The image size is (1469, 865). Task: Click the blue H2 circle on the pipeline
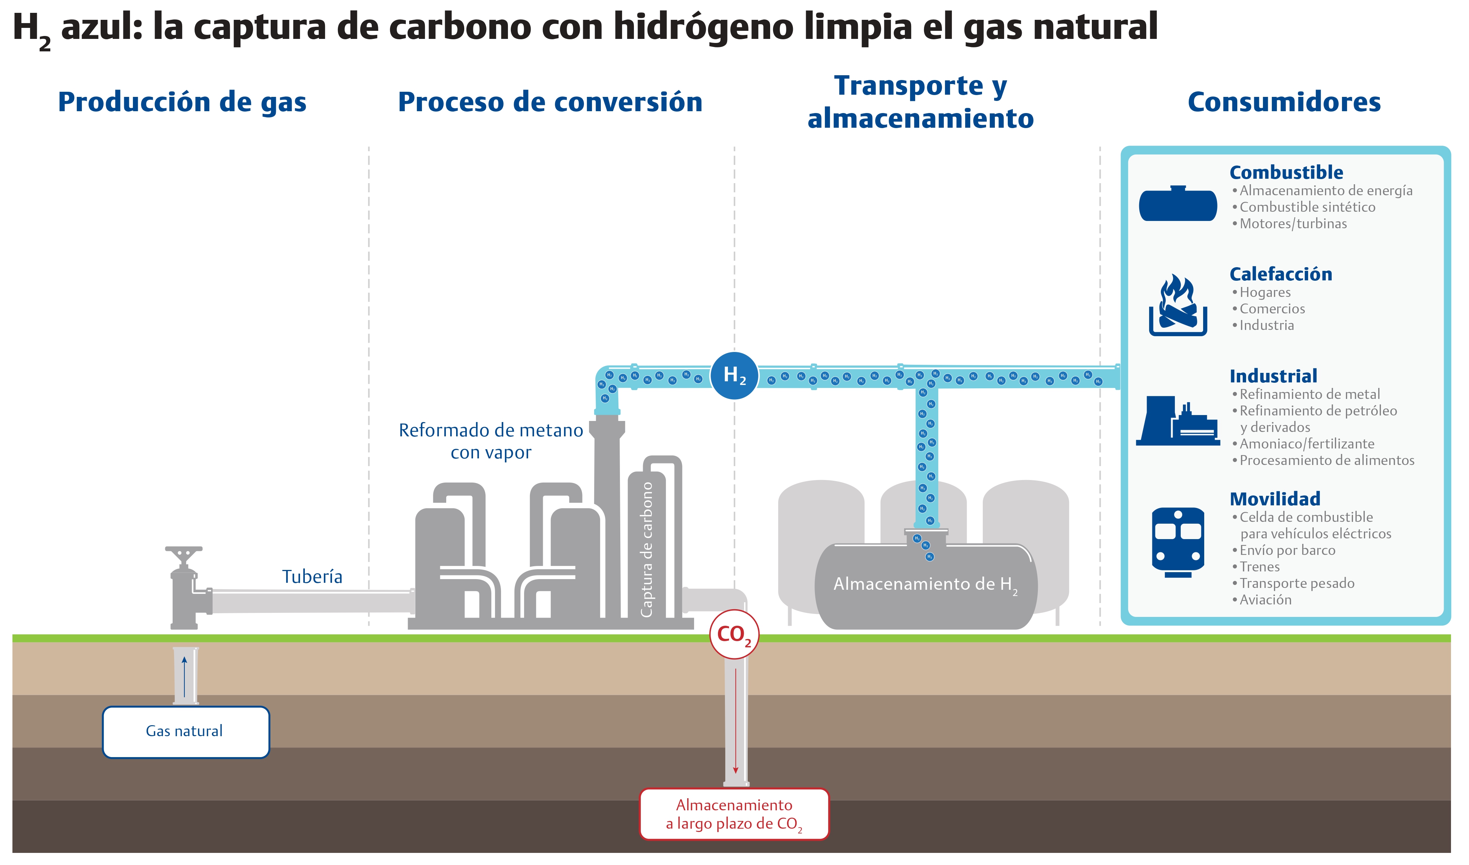734,375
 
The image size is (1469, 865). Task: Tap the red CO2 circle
734,634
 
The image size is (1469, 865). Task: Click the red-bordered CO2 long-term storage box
734,814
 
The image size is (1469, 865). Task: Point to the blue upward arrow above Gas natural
184,676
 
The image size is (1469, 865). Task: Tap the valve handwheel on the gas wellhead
184,551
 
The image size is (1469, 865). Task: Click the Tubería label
312,577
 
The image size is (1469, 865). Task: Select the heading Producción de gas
182,102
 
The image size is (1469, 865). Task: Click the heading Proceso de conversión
550,102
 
